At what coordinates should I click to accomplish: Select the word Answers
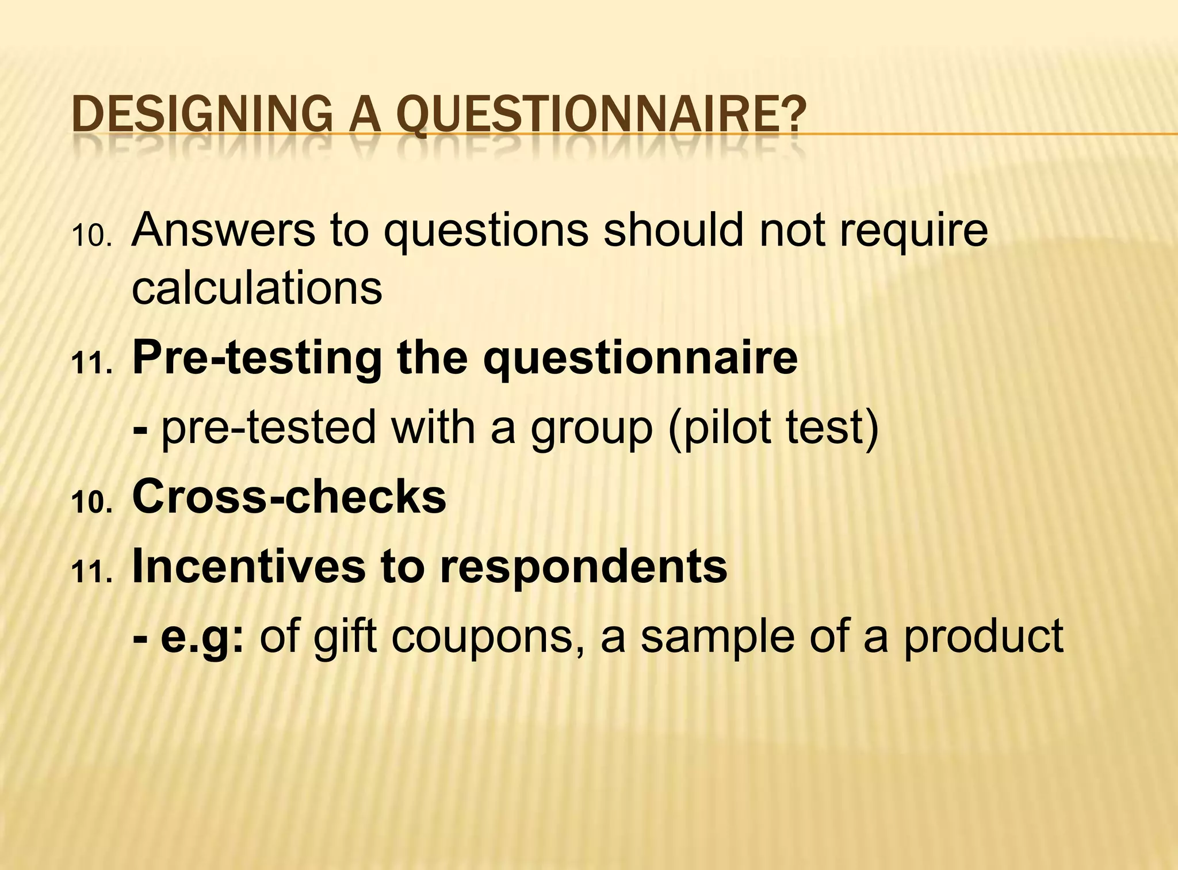(223, 230)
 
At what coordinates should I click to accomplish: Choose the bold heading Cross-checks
(289, 497)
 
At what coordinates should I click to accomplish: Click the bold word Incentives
(248, 566)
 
